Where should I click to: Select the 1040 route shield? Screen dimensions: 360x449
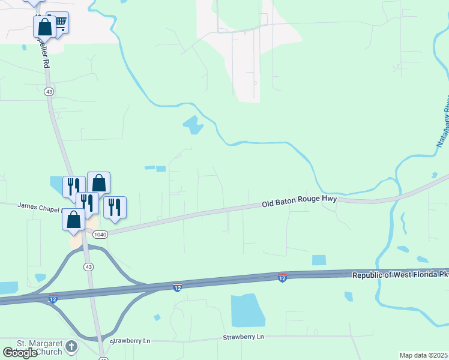[101, 234]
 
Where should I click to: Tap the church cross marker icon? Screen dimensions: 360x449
[71, 346]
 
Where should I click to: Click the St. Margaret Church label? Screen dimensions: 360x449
[39, 347]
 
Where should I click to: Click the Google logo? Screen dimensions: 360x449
[20, 352]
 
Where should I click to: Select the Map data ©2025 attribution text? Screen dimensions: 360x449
[424, 355]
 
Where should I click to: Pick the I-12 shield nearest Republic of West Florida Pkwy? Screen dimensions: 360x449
[282, 277]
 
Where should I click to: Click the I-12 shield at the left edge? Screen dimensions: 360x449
[53, 298]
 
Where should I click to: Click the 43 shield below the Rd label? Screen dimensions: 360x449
[49, 92]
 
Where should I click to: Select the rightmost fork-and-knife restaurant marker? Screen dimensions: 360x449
[115, 206]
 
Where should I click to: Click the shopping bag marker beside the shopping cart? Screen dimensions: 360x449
[44, 26]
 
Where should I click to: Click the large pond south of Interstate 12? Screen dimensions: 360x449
[248, 310]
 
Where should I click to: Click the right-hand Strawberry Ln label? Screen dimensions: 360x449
[244, 337]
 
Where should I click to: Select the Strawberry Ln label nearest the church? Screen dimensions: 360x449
[130, 341]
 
